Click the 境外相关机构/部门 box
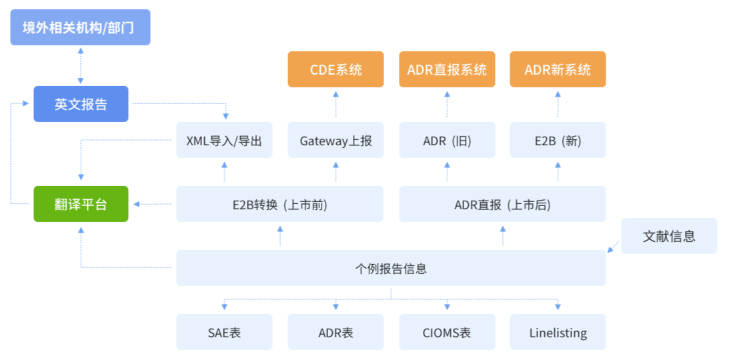tap(81, 27)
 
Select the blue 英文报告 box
tap(81, 104)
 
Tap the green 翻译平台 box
tap(81, 204)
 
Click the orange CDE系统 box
tap(335, 69)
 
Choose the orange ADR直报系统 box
tap(448, 69)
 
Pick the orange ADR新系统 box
tap(558, 69)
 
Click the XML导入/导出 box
tap(225, 140)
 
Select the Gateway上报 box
tap(335, 140)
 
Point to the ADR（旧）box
tap(448, 140)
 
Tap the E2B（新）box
tap(558, 140)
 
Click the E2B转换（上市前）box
tap(280, 204)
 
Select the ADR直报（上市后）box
tap(503, 204)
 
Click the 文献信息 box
tap(670, 236)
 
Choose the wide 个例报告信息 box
tap(391, 268)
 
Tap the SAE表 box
tap(225, 332)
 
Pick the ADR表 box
tap(335, 332)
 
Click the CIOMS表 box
tap(448, 332)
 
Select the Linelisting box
tap(558, 332)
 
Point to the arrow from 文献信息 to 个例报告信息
tap(613, 247)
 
